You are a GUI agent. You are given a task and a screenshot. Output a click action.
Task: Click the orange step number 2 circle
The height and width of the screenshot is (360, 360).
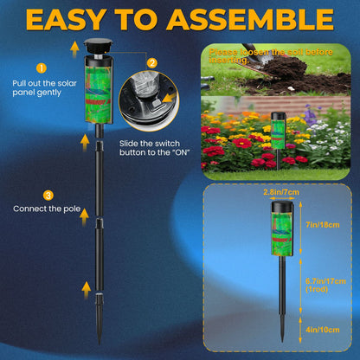[x=152, y=62]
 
